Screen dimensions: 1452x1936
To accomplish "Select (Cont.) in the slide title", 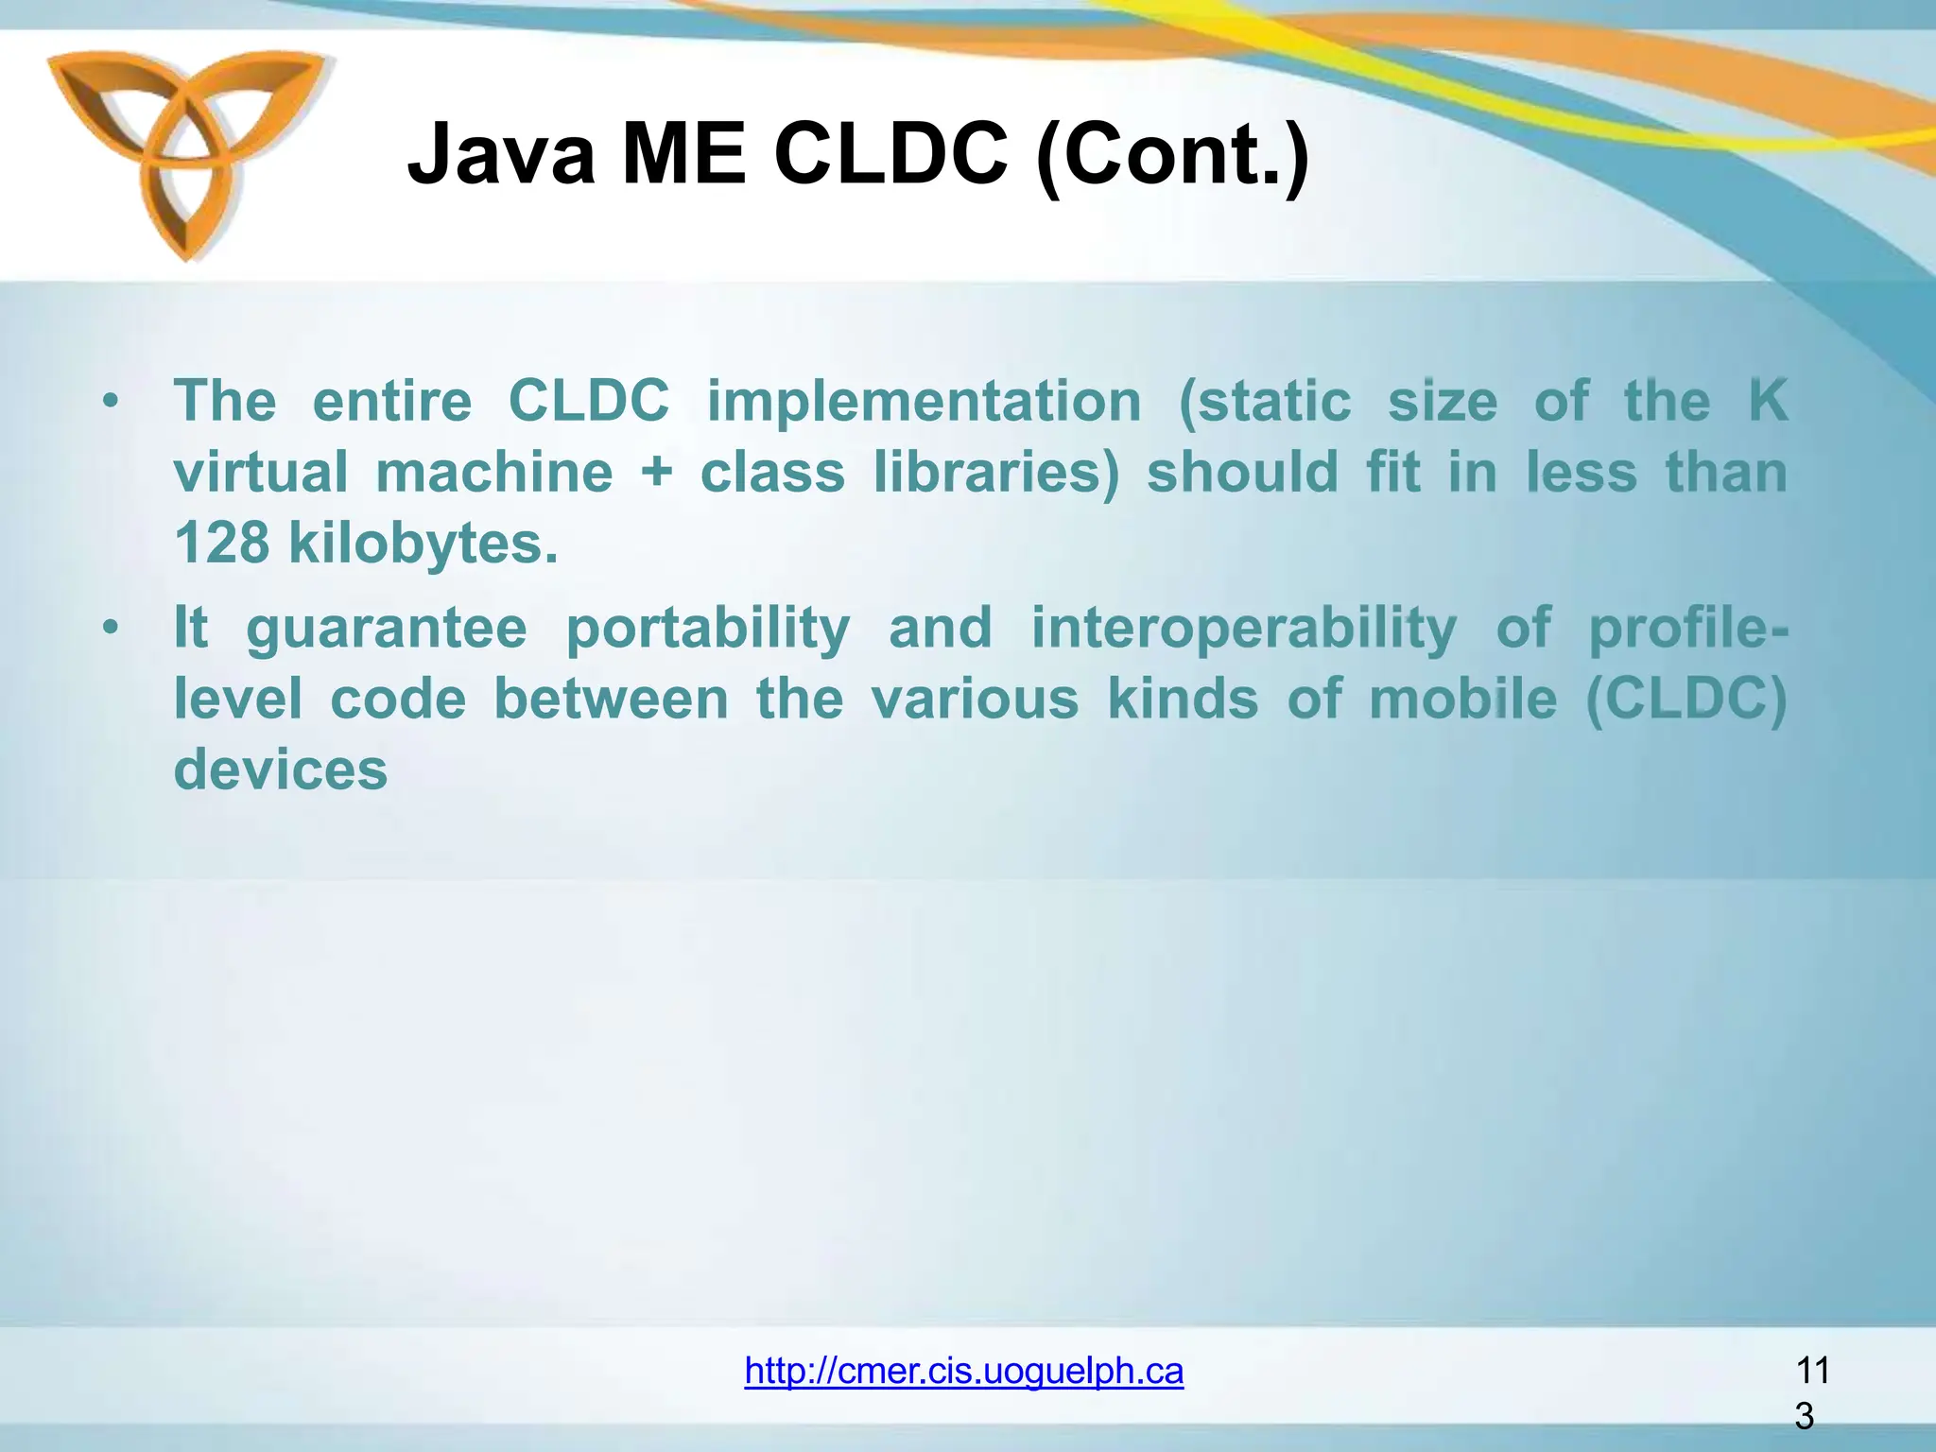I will (x=1172, y=156).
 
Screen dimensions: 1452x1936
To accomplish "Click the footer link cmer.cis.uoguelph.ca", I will (x=963, y=1370).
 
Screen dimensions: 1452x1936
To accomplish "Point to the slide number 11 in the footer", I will (x=1811, y=1370).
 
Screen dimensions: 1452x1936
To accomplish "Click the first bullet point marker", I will (x=112, y=402).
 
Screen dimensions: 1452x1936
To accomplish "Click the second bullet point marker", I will (x=112, y=628).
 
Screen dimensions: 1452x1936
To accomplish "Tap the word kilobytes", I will (x=423, y=544).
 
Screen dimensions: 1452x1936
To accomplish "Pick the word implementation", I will (x=924, y=401).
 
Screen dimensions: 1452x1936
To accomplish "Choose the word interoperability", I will (x=1243, y=629).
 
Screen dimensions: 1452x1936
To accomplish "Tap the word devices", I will (x=281, y=769).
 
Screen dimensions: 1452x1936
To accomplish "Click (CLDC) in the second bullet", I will (x=1685, y=700).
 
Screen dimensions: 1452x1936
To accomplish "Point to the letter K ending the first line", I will (x=1767, y=401).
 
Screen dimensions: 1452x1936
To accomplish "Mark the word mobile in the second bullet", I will (x=1462, y=700).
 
